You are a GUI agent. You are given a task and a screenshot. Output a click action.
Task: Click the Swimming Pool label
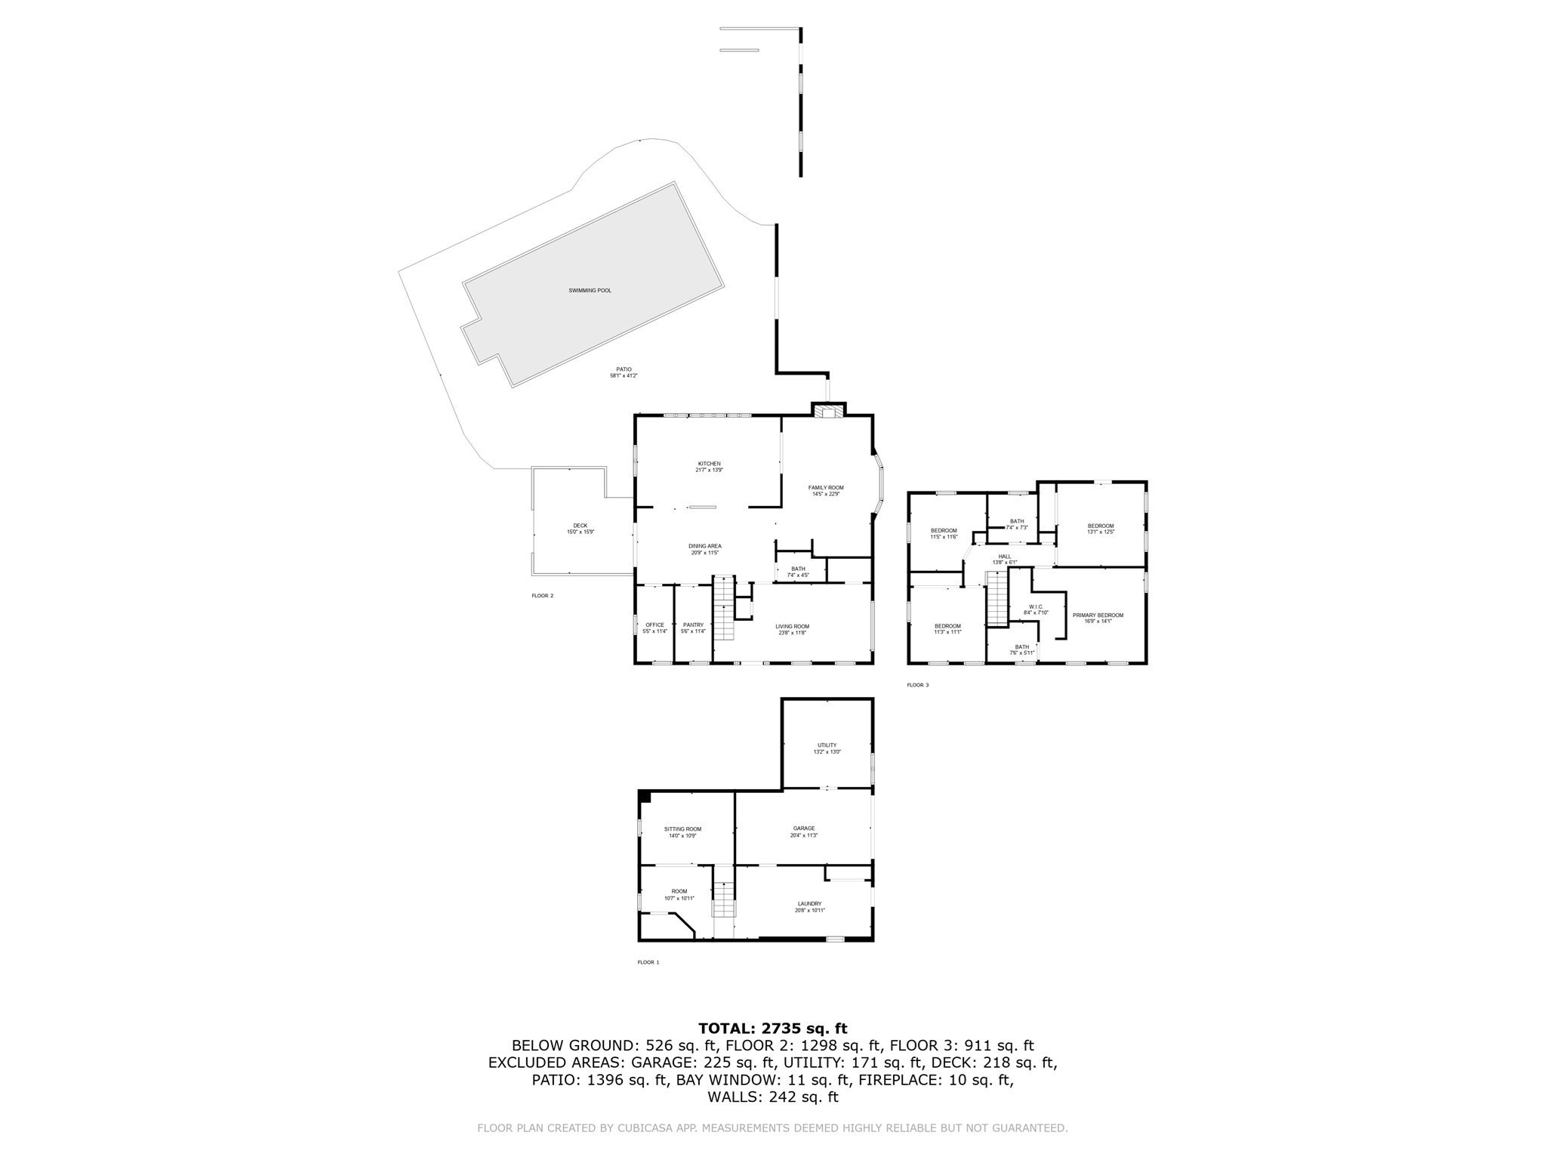(x=590, y=291)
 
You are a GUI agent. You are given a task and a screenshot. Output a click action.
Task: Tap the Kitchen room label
(x=709, y=464)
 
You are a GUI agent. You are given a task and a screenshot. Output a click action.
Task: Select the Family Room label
(x=826, y=488)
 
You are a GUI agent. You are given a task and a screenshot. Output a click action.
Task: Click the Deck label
(x=580, y=526)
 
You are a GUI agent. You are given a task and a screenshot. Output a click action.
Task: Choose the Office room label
(x=654, y=625)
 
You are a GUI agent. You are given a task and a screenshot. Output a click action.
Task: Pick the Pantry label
(x=693, y=625)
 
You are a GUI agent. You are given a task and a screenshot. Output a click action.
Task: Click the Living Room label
(x=792, y=626)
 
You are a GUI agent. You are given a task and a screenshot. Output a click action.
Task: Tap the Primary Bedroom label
(x=1098, y=615)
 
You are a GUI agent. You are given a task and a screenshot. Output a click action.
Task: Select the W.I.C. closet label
(x=1036, y=606)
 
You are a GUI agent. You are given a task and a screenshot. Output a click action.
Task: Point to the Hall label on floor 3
(x=1005, y=557)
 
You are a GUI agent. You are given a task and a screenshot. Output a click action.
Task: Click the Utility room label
(x=827, y=745)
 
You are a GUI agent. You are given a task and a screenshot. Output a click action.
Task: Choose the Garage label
(x=803, y=828)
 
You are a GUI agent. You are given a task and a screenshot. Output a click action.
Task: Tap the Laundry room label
(x=809, y=904)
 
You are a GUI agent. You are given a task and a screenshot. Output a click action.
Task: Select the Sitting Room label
(x=682, y=829)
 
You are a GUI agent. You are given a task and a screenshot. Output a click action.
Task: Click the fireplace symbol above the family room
(x=829, y=412)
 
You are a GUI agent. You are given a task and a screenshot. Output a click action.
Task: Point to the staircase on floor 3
(x=997, y=598)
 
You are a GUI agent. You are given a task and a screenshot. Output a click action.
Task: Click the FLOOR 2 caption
(x=542, y=596)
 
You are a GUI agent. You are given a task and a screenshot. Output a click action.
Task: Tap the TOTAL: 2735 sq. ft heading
(x=772, y=1029)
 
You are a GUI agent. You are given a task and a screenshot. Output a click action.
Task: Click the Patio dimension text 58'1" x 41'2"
(x=624, y=375)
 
